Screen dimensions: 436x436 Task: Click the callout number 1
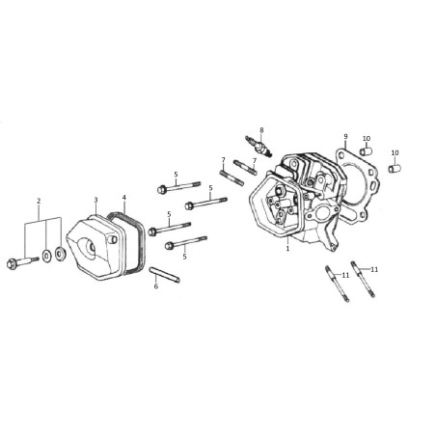(287, 248)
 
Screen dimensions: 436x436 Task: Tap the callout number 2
(39, 202)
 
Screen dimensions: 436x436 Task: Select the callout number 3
(95, 200)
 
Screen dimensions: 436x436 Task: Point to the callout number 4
(124, 197)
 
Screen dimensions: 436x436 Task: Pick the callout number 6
(156, 286)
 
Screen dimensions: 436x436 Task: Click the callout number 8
(261, 130)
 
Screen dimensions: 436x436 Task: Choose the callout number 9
(345, 136)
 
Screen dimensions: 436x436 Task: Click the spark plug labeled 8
(259, 147)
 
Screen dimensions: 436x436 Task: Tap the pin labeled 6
(164, 275)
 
